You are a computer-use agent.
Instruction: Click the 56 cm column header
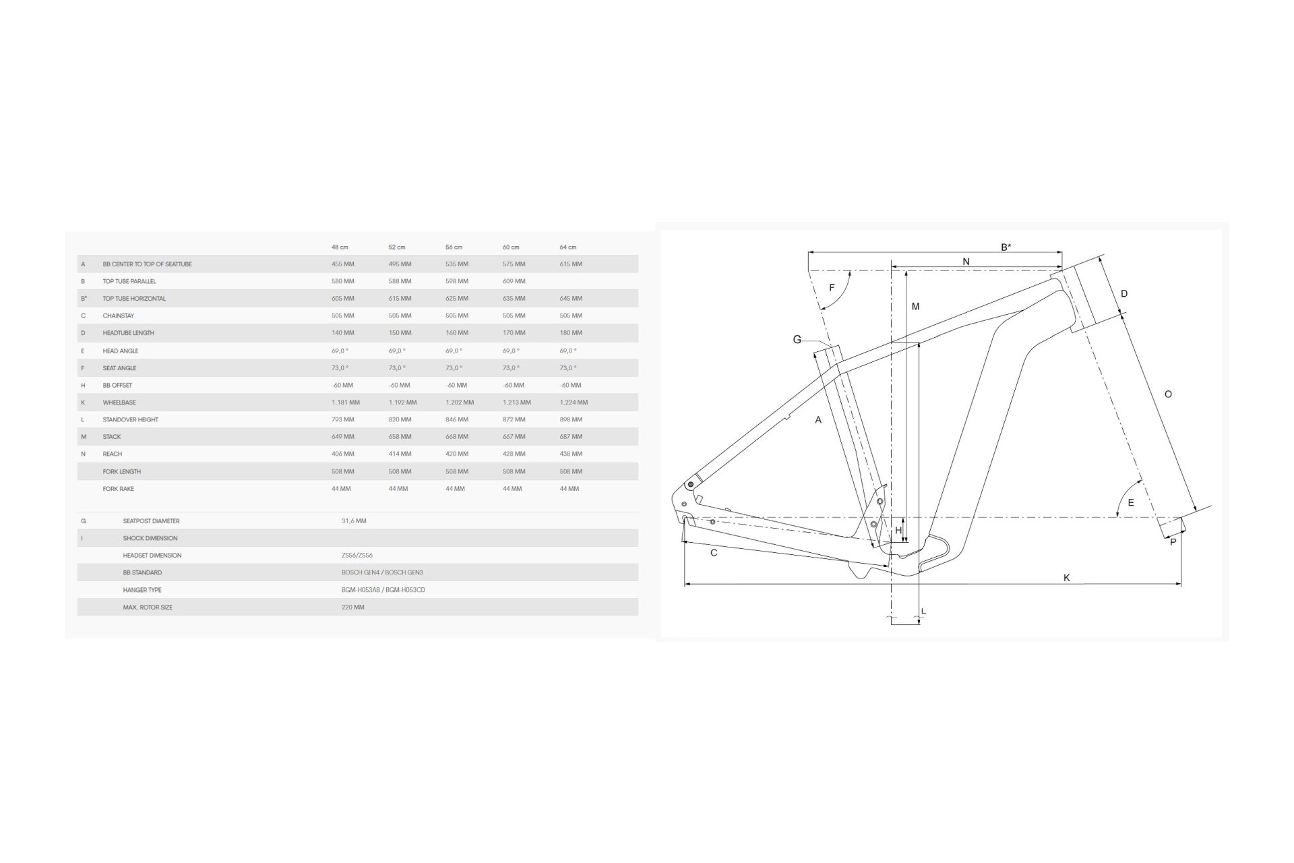coord(454,247)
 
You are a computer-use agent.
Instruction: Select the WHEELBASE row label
coord(119,403)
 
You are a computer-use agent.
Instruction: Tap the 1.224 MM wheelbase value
coord(574,403)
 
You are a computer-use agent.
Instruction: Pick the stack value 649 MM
coord(342,437)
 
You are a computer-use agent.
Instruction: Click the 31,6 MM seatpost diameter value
coord(354,521)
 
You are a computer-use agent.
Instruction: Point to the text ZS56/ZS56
coord(357,556)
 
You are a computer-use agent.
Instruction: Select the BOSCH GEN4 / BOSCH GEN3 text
coord(382,572)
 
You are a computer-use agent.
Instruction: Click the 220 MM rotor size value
coord(352,607)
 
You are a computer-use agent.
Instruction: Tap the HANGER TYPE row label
coord(142,590)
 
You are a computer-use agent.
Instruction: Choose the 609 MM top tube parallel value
coord(514,281)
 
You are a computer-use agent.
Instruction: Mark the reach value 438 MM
coord(571,454)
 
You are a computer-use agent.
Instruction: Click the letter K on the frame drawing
coord(1067,578)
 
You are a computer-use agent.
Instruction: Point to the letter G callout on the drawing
coord(797,340)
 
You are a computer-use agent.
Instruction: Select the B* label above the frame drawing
coord(1006,247)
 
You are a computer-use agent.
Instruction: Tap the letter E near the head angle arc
coord(1131,503)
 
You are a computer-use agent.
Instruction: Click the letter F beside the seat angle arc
coord(832,288)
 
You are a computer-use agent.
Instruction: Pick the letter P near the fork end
coord(1173,542)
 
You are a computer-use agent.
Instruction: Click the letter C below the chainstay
coord(714,553)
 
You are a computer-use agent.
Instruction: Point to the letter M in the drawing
coord(915,307)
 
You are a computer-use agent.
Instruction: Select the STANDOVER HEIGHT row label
coord(131,419)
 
